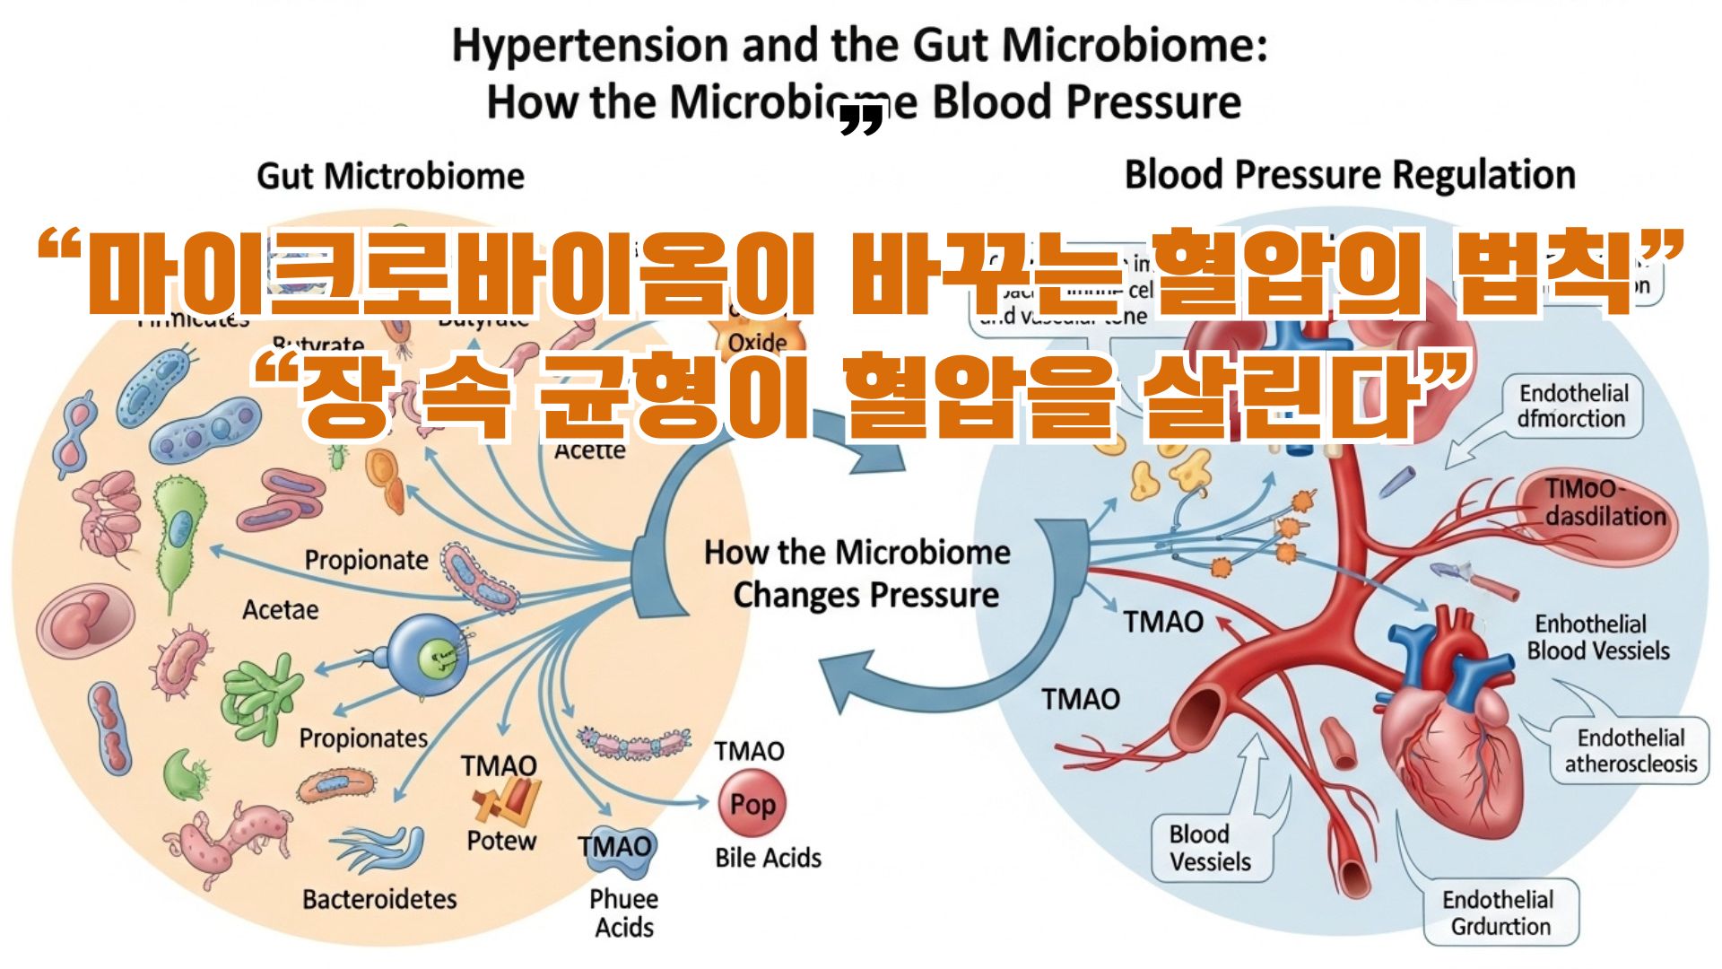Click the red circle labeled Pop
click(x=752, y=804)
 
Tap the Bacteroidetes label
click(x=379, y=898)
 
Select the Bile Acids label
click(x=768, y=858)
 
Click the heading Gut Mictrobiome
click(x=390, y=176)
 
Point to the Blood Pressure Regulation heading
click(x=1350, y=175)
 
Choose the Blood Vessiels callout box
click(x=1210, y=848)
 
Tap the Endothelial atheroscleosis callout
click(x=1631, y=750)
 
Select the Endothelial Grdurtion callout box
click(x=1500, y=912)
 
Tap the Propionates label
click(x=363, y=738)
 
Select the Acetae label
click(x=280, y=610)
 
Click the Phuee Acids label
click(x=623, y=912)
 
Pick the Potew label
click(x=501, y=841)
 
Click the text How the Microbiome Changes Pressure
click(x=858, y=573)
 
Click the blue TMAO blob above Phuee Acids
click(x=616, y=848)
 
